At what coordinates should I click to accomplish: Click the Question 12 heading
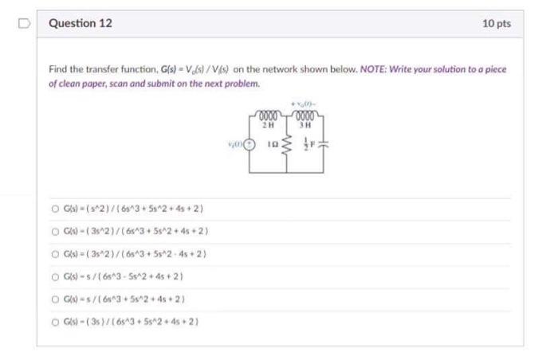81,24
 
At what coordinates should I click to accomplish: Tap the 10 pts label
497,24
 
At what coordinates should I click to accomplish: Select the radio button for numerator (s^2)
55,209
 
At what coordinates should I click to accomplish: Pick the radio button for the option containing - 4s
55,253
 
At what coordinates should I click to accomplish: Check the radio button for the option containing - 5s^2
55,276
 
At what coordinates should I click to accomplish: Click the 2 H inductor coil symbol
271,116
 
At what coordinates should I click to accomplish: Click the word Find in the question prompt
57,69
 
